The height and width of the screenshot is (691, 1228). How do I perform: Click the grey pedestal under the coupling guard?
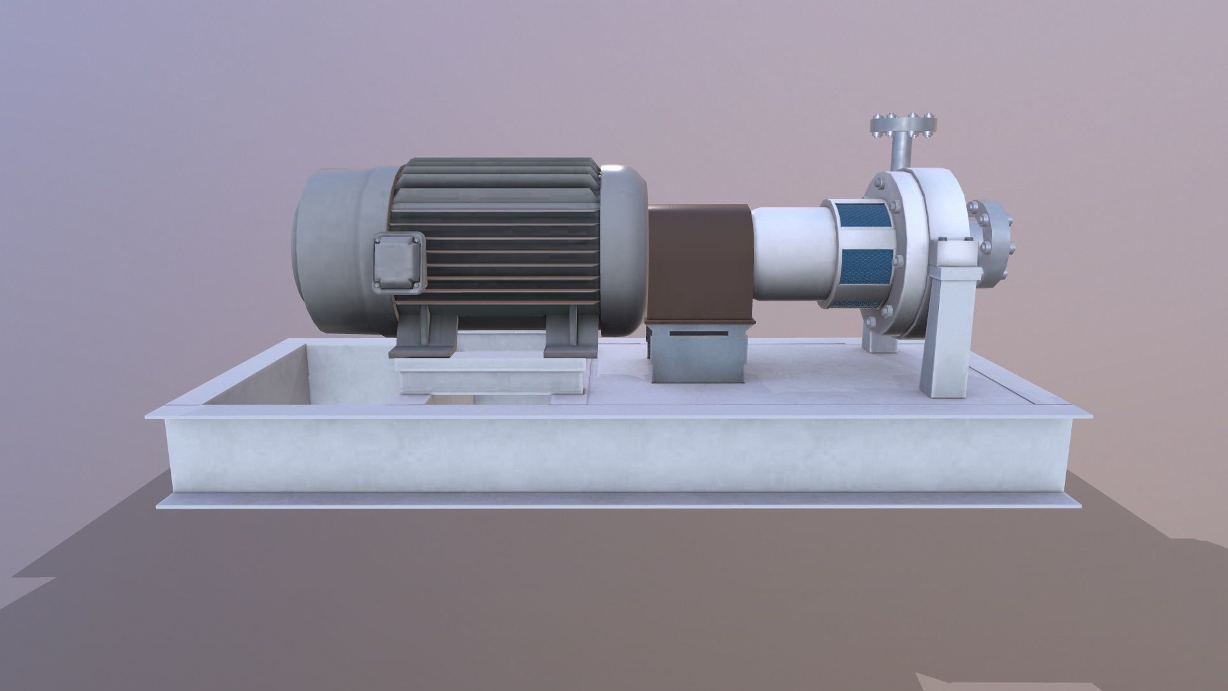(x=698, y=353)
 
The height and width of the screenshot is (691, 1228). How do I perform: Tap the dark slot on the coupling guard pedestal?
(x=698, y=334)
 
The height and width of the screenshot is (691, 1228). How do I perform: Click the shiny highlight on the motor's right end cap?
(x=617, y=171)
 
